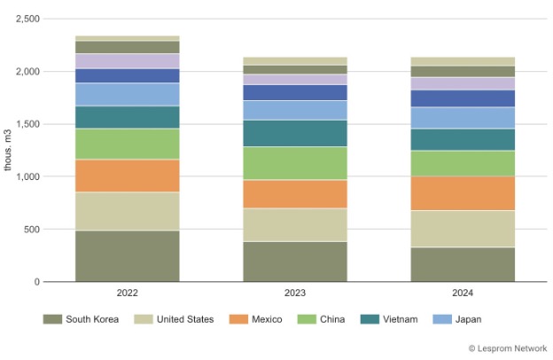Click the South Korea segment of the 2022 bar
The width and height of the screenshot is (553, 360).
point(127,255)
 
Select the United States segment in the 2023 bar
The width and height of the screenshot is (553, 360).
point(295,224)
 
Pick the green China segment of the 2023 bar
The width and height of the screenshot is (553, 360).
point(295,163)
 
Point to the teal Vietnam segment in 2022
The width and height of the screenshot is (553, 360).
point(127,117)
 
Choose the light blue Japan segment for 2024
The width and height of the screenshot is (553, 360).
point(463,118)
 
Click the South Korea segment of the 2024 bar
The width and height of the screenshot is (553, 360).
point(463,264)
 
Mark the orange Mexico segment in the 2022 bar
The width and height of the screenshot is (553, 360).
point(127,176)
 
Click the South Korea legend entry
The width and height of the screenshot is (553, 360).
point(84,319)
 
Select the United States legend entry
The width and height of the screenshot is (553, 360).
point(175,319)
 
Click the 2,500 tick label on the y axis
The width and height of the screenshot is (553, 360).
point(27,19)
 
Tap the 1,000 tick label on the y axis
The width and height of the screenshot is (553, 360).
point(27,176)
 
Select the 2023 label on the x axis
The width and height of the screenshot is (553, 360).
point(295,293)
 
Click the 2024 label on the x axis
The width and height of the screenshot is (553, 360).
point(463,293)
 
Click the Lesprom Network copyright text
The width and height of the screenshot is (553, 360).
point(507,348)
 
